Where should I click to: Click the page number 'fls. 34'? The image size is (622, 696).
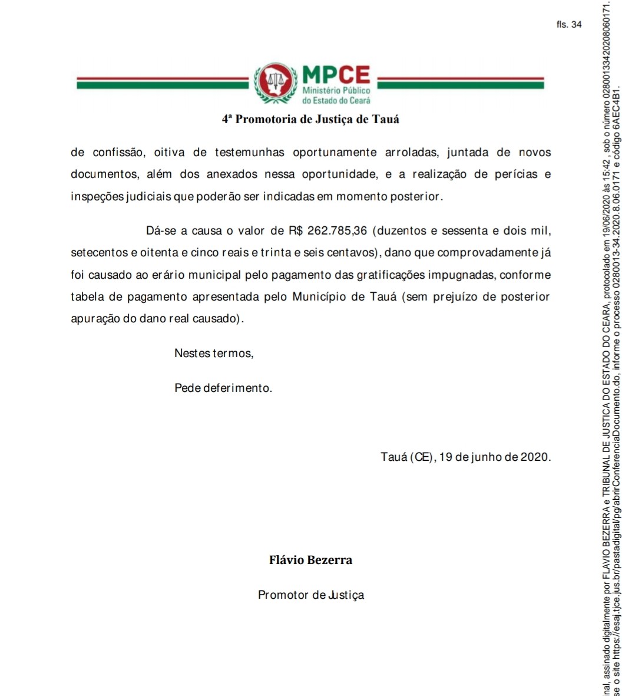(568, 25)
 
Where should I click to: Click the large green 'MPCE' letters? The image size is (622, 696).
(336, 75)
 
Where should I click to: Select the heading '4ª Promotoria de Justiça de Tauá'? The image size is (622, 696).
(310, 119)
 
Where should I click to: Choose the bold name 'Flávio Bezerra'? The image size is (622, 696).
(310, 560)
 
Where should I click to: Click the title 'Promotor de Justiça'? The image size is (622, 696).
(311, 595)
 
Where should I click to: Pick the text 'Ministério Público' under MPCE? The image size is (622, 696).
(336, 92)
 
